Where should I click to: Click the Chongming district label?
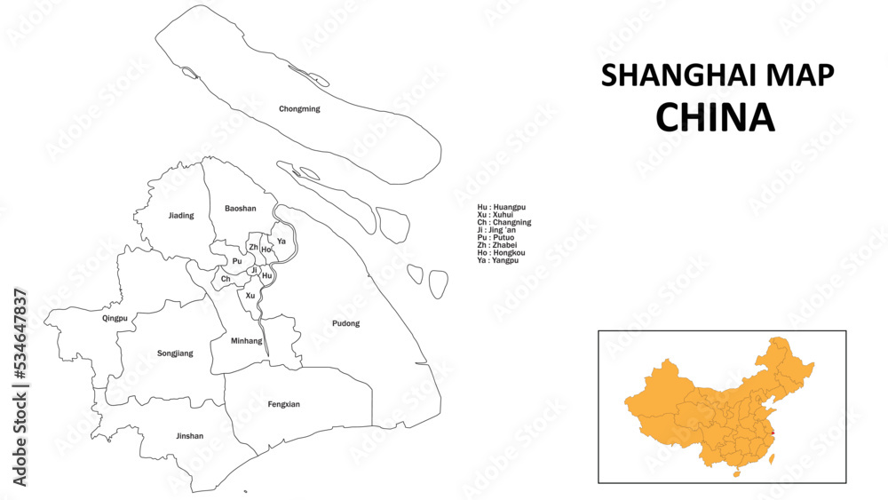point(299,109)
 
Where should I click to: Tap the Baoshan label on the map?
point(240,209)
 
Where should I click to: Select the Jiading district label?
point(181,216)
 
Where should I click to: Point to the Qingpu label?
point(115,318)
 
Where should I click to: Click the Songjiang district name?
point(175,353)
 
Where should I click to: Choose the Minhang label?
point(246,341)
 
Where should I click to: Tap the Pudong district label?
point(345,323)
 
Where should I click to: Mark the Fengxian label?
point(283,404)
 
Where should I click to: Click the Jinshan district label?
point(189,436)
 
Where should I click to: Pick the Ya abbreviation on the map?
point(281,241)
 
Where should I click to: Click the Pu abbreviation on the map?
point(236,261)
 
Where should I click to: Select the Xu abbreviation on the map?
point(250,295)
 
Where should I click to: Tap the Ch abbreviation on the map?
point(226,279)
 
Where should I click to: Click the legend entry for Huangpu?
point(501,207)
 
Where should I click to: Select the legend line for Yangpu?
point(497,260)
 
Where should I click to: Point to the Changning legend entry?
point(503,222)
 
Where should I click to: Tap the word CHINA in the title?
point(715,116)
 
